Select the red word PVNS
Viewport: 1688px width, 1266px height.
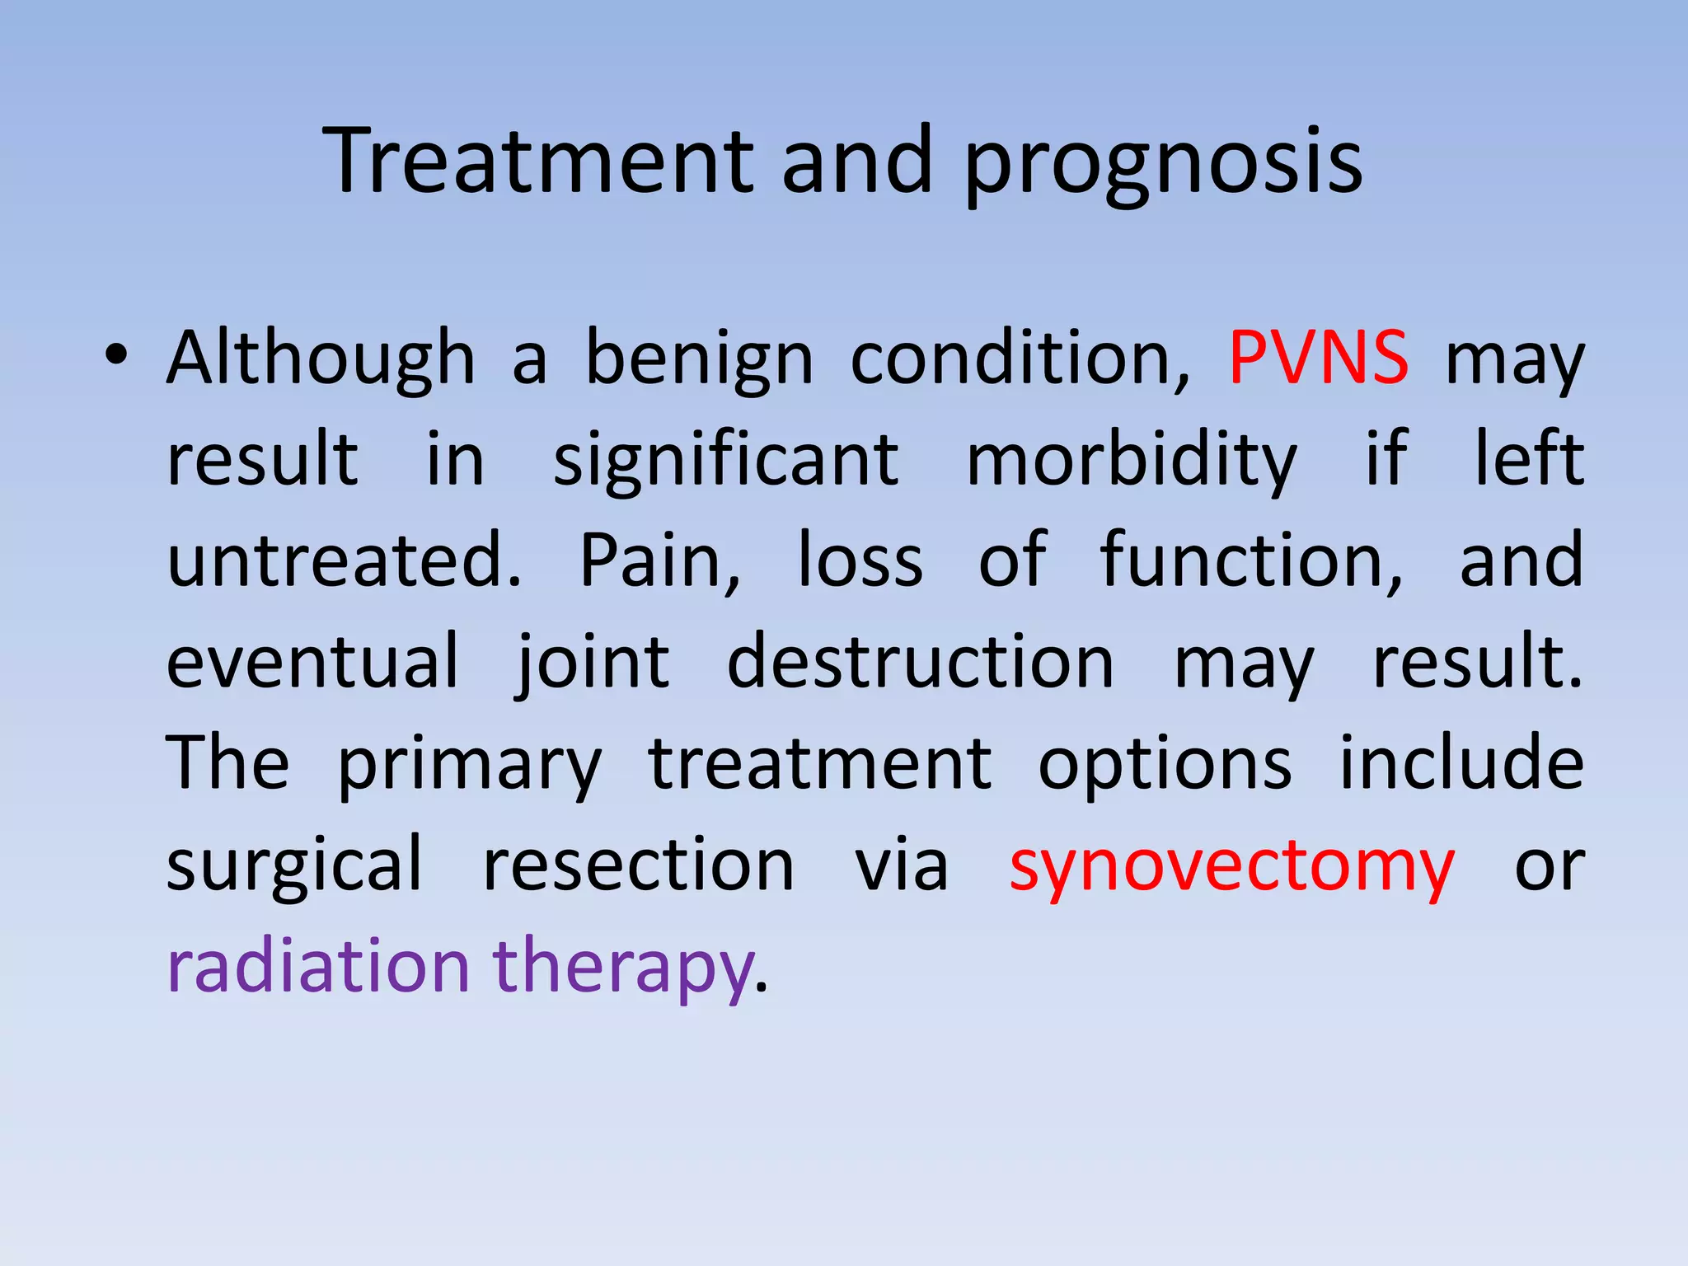point(1318,358)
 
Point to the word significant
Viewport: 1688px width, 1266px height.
point(725,462)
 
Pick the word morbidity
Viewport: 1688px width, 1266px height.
point(1132,462)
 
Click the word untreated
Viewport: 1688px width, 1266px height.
point(344,560)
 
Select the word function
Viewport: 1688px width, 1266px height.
point(1250,560)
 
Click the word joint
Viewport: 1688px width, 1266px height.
point(593,663)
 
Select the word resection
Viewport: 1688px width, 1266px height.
point(638,865)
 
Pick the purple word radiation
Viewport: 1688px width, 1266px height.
point(318,966)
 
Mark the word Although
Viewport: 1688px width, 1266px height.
point(321,359)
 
